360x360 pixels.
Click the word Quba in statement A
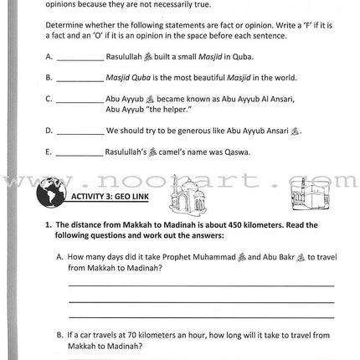pyautogui.click(x=242, y=57)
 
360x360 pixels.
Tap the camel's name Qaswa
pyautogui.click(x=237, y=152)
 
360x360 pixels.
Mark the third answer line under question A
pyautogui.click(x=201, y=316)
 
